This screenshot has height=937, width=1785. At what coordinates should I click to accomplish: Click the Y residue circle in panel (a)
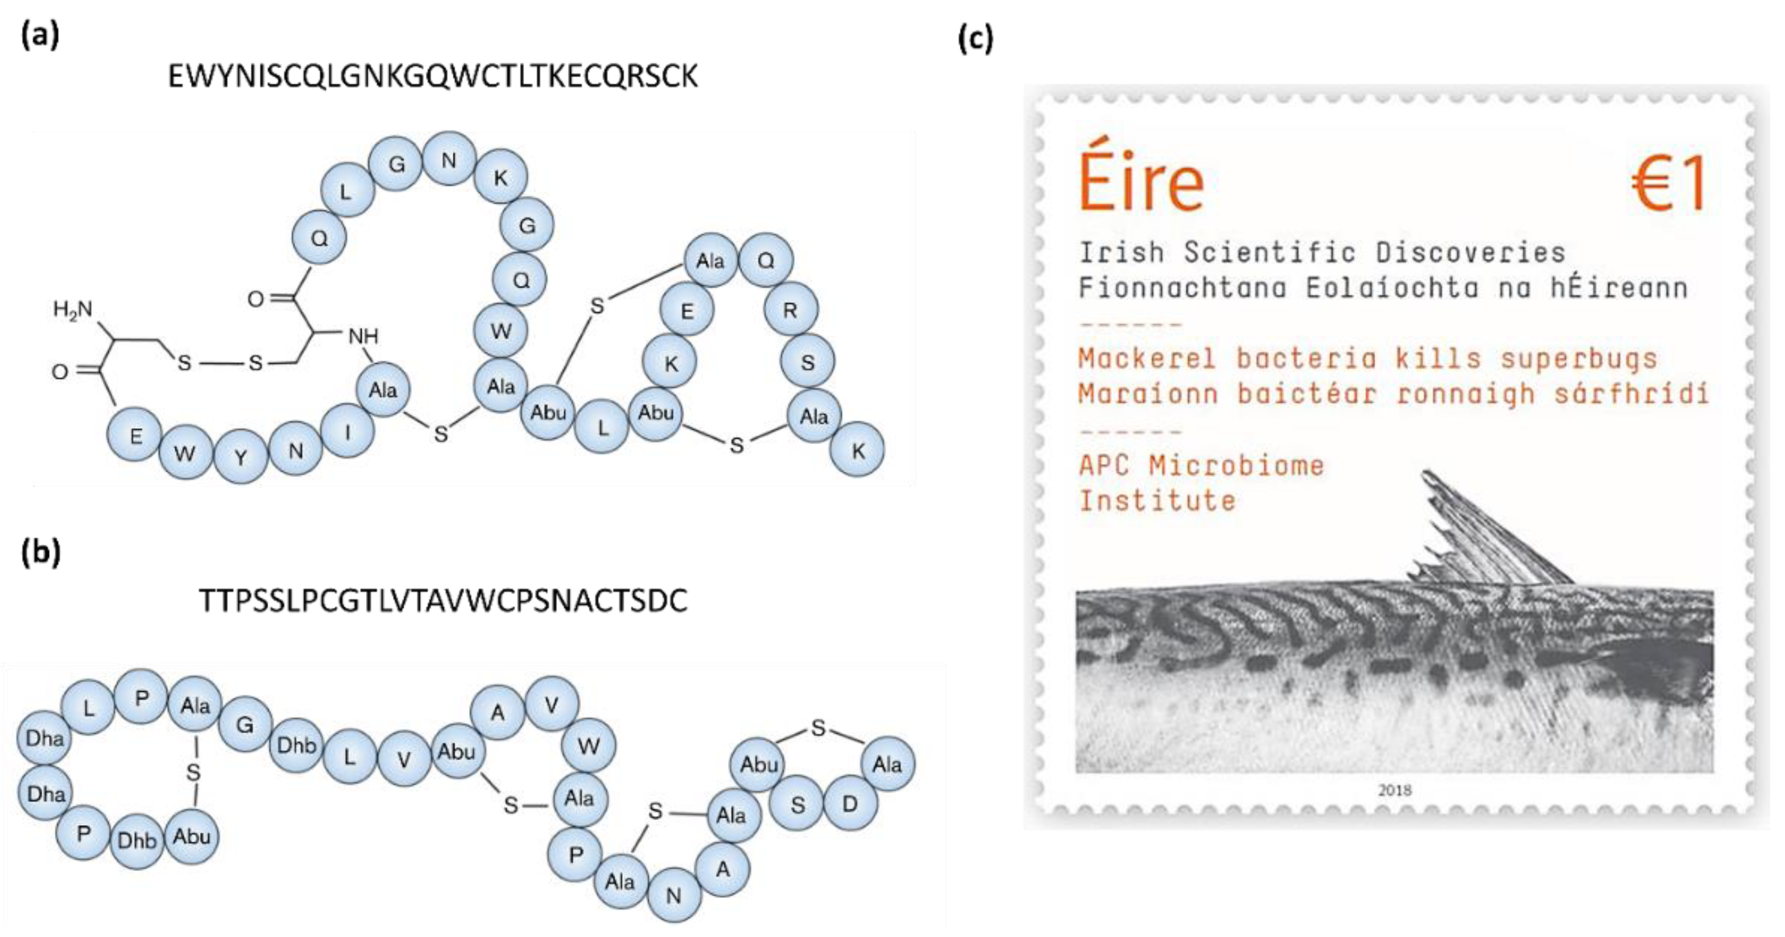[241, 457]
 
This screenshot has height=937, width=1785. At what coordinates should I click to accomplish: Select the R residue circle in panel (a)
[791, 310]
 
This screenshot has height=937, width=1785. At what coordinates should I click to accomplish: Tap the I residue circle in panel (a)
[348, 432]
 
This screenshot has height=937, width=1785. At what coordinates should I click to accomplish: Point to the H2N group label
[73, 309]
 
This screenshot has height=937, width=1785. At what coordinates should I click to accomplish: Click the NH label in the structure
[363, 337]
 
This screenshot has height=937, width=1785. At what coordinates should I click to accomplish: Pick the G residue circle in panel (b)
[244, 725]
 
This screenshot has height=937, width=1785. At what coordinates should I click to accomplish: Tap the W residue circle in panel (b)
[588, 746]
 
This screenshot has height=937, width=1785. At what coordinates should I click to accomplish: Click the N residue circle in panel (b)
[674, 895]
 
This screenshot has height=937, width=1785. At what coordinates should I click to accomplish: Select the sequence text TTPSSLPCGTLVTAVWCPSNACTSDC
[443, 601]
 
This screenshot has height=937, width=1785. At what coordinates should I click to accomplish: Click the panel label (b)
[41, 552]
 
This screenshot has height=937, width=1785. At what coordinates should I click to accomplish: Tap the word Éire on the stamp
[1141, 178]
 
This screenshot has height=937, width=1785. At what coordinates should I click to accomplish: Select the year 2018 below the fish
[1394, 790]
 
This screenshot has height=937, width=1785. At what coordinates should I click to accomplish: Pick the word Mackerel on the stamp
[1147, 358]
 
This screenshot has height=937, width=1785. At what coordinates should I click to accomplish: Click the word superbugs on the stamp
[1578, 358]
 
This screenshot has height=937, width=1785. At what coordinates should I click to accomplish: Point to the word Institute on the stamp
[1157, 501]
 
